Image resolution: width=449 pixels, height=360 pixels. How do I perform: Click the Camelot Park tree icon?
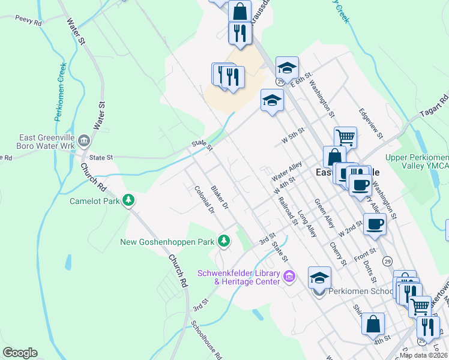127,200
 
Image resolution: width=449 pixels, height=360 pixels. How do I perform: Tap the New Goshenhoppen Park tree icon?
224,241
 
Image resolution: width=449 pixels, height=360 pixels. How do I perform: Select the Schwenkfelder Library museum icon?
289,277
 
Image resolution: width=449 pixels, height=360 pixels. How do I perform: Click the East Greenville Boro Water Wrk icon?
84,142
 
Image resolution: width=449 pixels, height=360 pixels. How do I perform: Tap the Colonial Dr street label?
204,200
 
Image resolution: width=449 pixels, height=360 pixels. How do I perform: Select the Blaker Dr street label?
220,198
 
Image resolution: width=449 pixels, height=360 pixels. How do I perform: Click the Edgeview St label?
370,123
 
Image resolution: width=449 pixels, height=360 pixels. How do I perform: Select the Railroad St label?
288,208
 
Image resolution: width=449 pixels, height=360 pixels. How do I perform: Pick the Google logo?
20,353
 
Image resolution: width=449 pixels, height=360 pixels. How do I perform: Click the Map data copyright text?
424,355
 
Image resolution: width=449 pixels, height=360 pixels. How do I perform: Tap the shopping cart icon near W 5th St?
345,137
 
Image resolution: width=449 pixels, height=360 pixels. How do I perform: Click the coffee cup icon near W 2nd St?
374,224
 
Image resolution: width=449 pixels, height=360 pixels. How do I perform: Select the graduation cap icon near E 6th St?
287,67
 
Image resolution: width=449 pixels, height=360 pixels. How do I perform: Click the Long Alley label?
307,222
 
